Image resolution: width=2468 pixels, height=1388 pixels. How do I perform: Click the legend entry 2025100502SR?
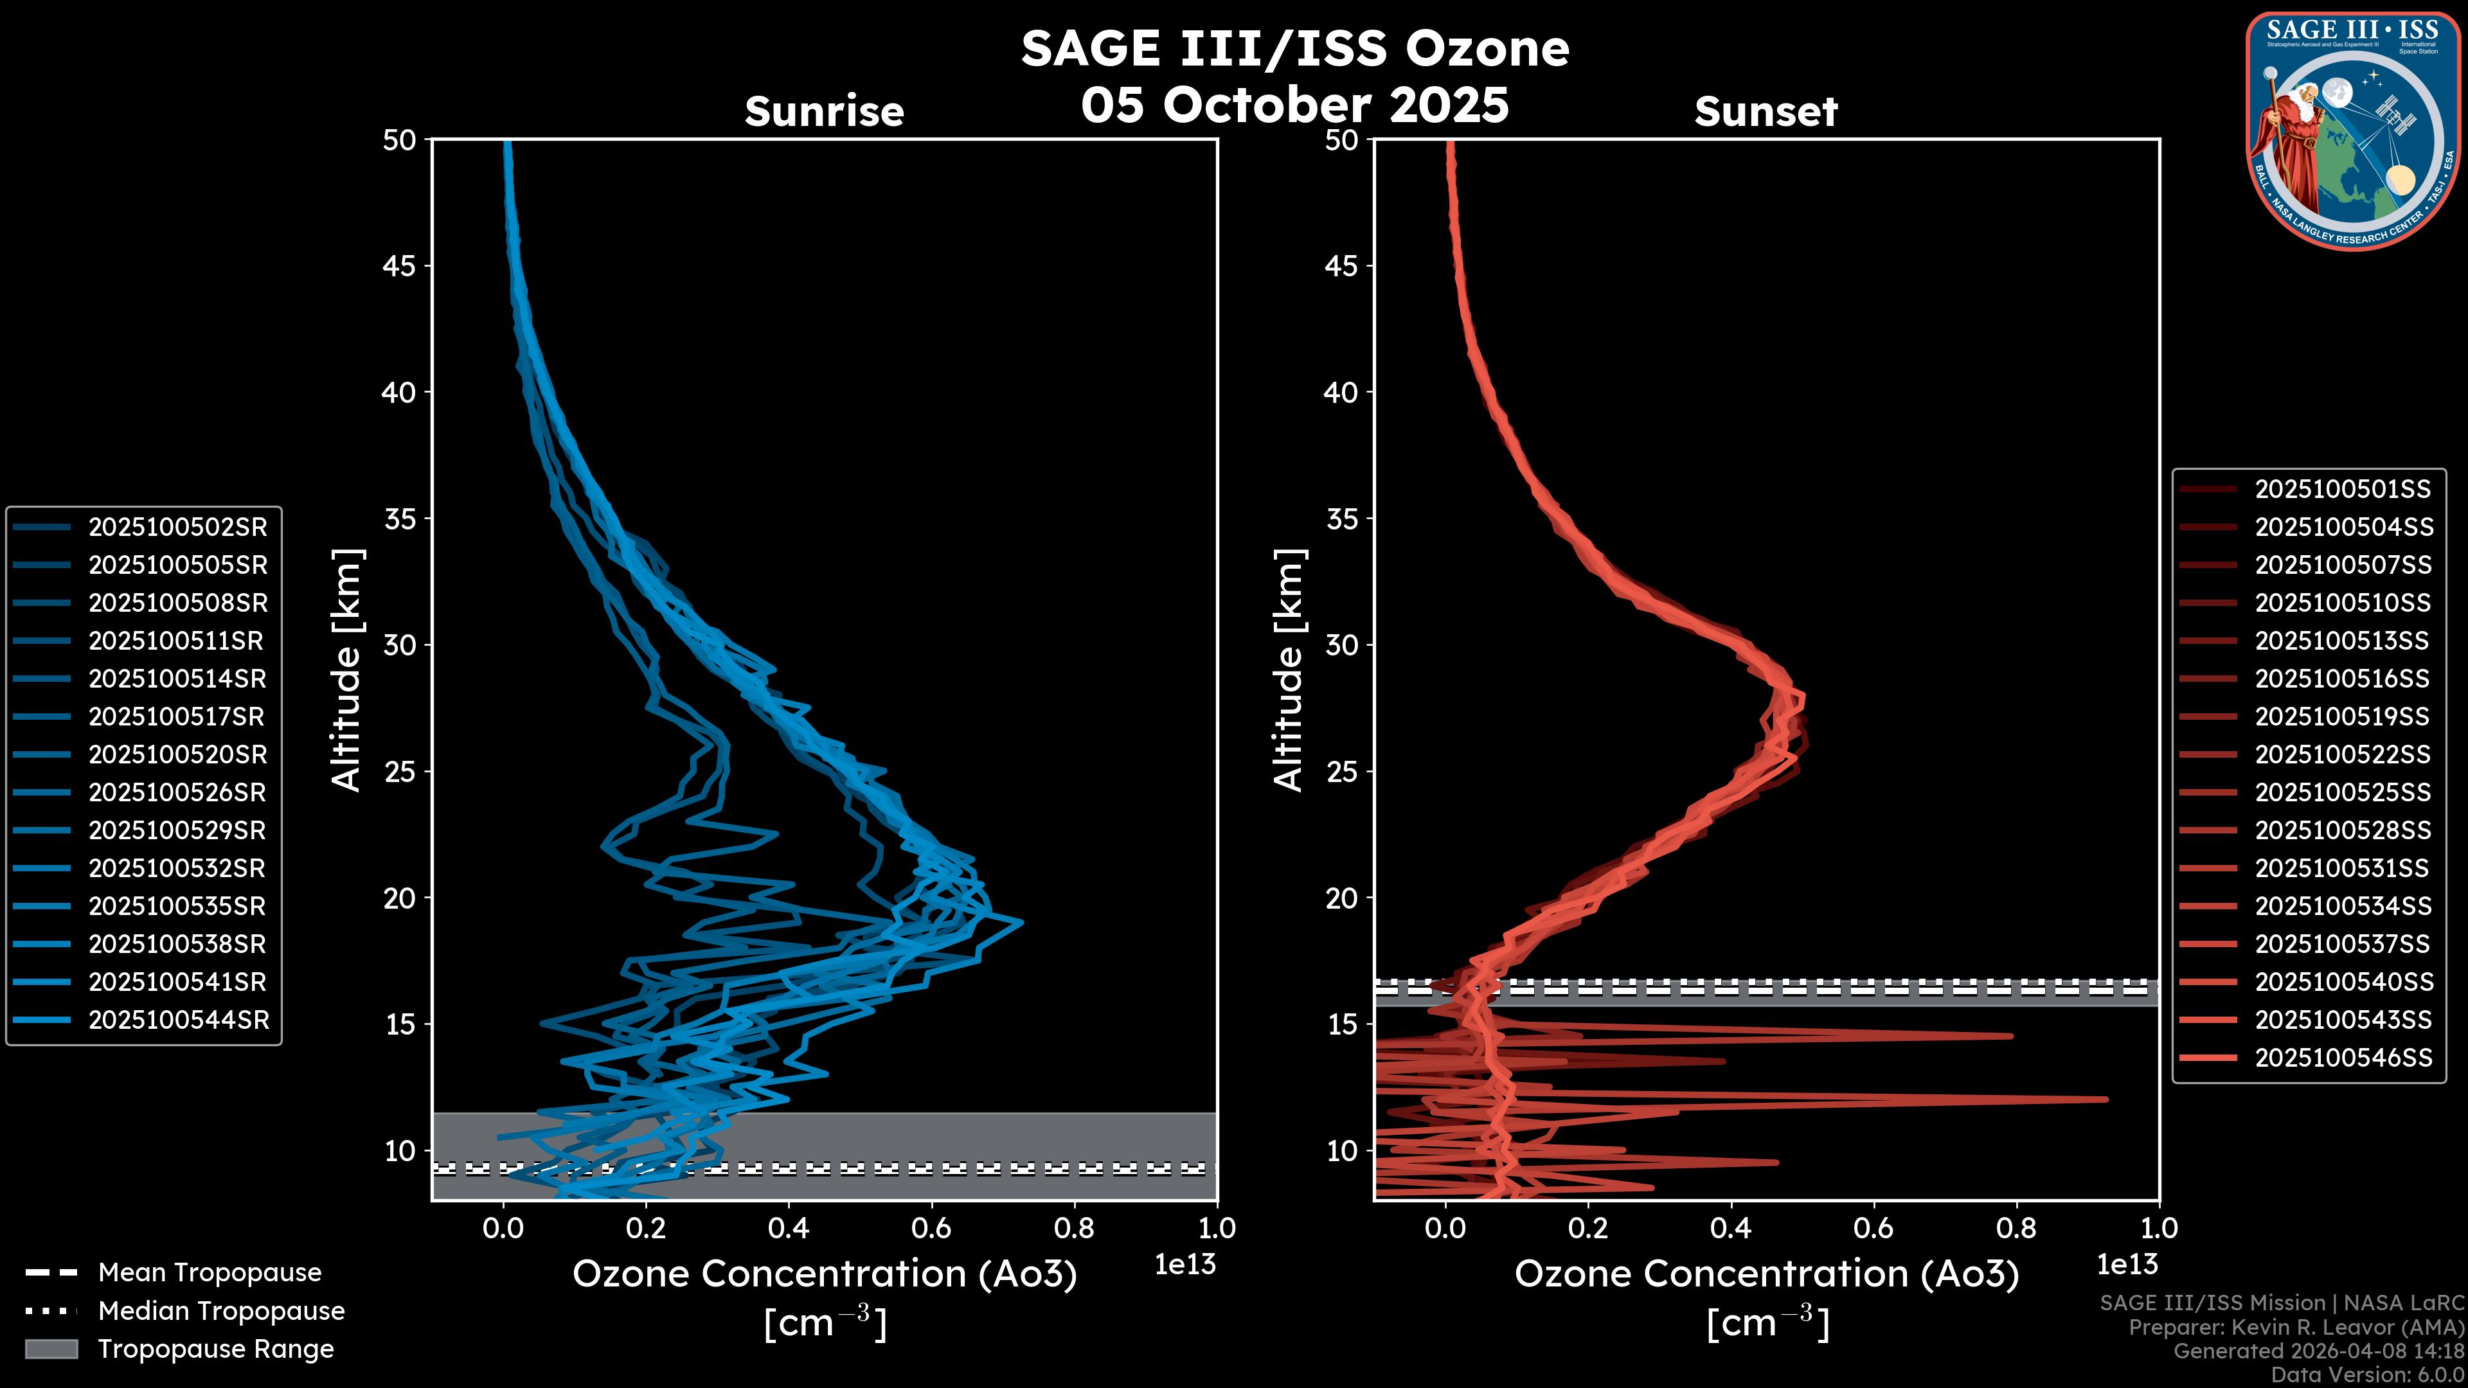177,527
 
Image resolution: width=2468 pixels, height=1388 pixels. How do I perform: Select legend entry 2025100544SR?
178,1020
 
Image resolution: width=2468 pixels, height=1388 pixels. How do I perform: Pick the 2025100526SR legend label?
177,792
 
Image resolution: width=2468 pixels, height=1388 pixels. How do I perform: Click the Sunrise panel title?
824,111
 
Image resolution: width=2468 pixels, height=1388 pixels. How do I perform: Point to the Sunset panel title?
1766,111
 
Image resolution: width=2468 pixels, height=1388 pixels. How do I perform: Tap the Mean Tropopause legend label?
210,1273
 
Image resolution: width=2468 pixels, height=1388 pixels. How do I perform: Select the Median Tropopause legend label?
221,1312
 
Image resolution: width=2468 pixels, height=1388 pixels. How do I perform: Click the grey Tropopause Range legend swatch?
51,1349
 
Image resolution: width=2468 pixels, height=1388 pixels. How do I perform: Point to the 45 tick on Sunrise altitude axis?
400,266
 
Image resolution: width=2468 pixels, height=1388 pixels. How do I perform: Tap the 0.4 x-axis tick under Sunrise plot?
789,1228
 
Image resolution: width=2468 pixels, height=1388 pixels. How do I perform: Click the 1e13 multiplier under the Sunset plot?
2127,1265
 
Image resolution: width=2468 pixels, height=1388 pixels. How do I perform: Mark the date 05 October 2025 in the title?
1294,105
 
